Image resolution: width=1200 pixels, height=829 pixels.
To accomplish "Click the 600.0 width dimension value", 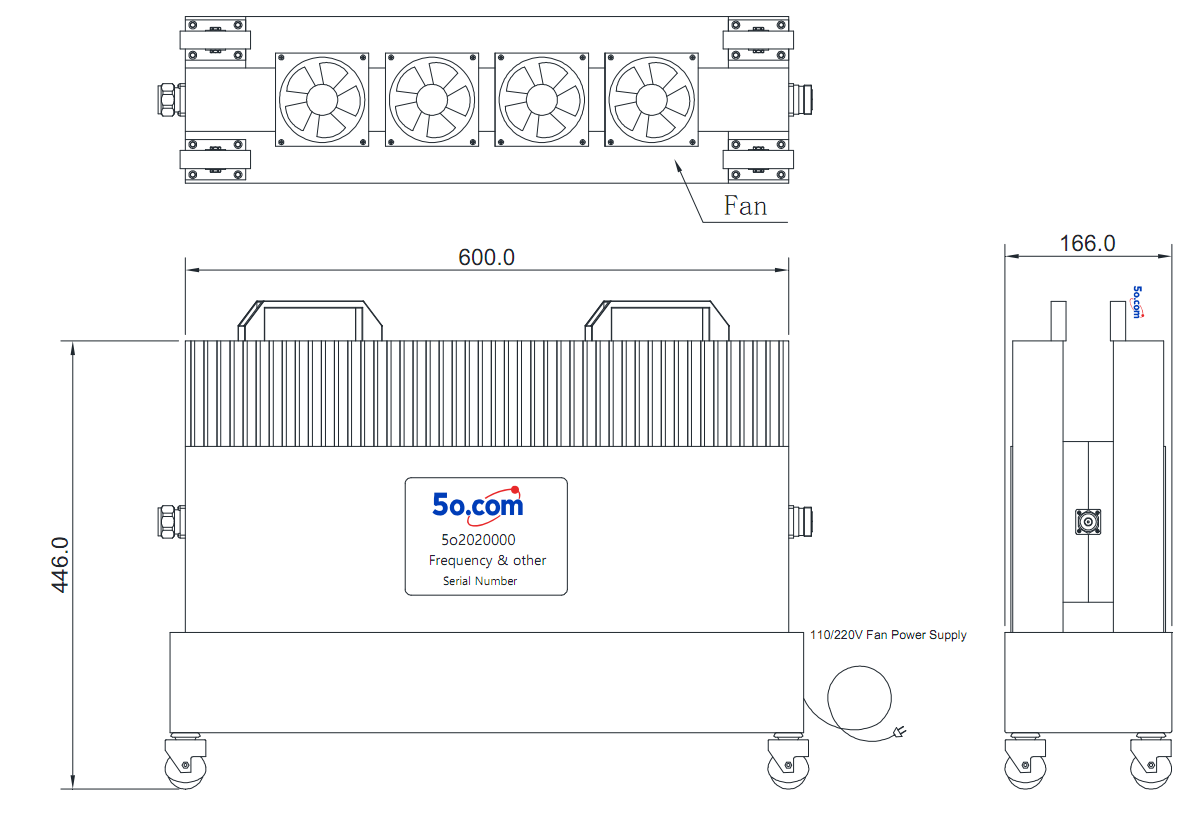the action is coord(486,257).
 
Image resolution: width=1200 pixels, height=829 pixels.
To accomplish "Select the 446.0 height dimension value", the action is coord(60,565).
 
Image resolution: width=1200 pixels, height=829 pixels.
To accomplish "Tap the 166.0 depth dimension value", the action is coord(1087,243).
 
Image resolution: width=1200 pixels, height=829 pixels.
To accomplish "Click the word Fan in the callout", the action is coord(745,206).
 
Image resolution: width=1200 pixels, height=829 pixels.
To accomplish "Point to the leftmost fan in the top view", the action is coord(322,100).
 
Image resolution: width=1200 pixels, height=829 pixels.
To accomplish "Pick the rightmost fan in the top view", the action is coord(651,100).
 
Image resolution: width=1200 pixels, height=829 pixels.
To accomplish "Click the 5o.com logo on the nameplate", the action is coord(478,505).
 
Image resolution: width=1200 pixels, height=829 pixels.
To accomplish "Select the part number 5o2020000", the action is coord(478,540).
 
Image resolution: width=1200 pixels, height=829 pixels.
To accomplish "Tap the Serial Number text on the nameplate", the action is coord(479,581).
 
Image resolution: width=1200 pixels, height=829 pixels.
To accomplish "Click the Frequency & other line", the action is coord(487,560).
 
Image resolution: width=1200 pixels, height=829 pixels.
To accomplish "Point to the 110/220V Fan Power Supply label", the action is coord(888,635).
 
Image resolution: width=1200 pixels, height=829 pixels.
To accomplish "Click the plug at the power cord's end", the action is coord(899,731).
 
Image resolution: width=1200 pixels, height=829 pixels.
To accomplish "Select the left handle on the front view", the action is coord(310,320).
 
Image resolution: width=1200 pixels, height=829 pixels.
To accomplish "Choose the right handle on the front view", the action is coord(657,320).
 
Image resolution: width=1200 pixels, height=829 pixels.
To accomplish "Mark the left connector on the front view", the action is coord(171,521).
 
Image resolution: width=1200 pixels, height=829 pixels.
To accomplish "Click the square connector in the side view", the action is coord(1088,522).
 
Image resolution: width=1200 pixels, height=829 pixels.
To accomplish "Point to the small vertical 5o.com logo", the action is coord(1137,302).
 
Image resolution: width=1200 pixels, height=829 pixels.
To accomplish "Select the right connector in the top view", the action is coord(800,100).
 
